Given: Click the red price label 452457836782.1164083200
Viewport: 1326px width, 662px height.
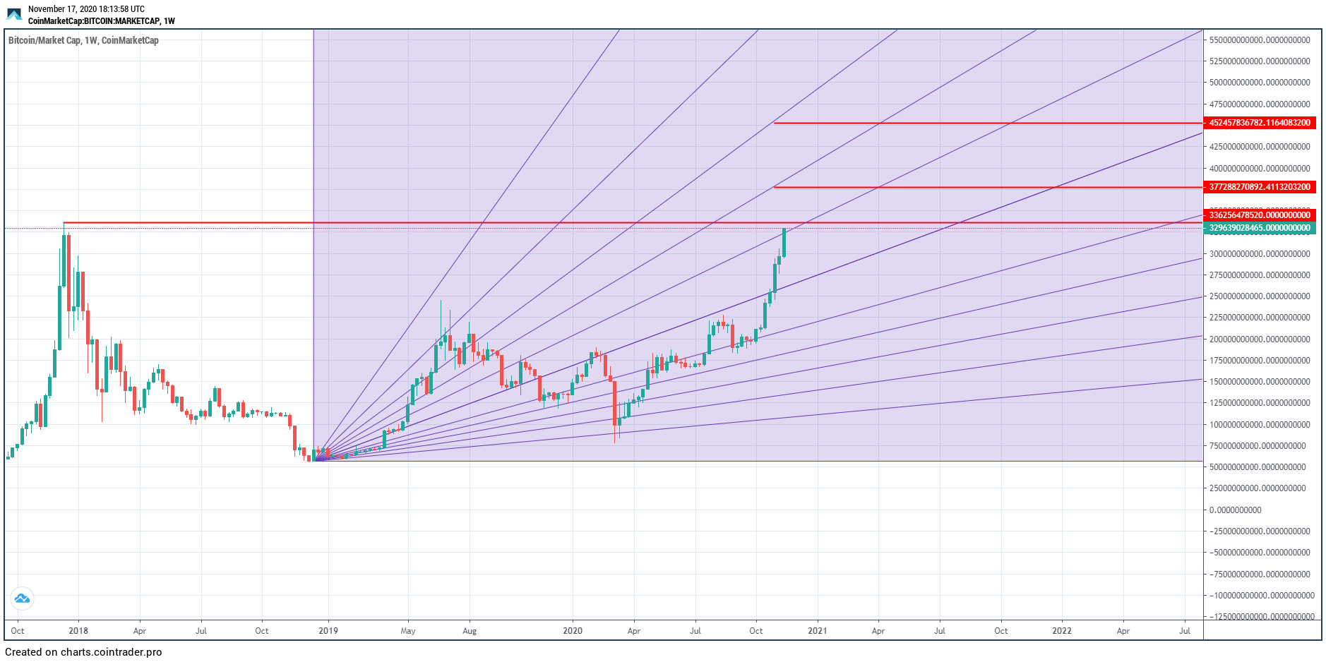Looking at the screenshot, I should [1259, 123].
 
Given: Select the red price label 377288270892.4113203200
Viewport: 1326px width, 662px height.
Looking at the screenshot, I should [1259, 187].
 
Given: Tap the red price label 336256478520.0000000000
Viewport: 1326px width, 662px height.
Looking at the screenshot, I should [1259, 215].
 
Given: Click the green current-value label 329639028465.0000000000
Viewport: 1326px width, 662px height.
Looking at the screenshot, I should [1259, 228].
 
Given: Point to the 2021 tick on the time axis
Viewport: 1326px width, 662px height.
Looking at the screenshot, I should [817, 631].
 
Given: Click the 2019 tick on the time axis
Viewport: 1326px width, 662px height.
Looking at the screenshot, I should [328, 631].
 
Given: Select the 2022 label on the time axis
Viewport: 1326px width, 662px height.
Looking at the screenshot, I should [1062, 631].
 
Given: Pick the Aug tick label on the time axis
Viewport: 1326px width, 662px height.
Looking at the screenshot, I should [470, 631].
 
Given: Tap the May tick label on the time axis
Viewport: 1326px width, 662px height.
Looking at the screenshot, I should [408, 631].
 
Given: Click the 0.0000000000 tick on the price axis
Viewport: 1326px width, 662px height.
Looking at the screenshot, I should [1235, 510].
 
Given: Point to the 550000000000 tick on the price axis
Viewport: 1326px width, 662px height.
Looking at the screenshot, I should [1259, 40].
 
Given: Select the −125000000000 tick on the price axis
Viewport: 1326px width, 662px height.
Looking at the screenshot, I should [1261, 616].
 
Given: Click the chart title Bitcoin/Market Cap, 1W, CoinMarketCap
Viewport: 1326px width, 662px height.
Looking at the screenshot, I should [83, 40].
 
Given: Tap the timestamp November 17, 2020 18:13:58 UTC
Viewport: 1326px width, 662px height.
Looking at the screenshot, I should [86, 9].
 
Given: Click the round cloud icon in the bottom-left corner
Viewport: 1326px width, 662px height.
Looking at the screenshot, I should [22, 599].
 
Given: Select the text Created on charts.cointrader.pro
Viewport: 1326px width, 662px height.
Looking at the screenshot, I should [83, 652].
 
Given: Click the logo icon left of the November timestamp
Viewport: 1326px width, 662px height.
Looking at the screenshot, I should [14, 14].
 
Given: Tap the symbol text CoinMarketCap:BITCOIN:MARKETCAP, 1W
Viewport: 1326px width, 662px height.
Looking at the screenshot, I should [101, 21].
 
